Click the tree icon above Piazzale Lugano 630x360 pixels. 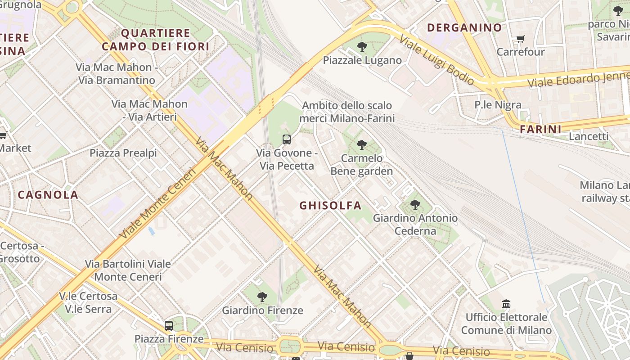362,46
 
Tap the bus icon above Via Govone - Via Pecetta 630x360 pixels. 287,139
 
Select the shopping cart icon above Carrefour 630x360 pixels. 520,39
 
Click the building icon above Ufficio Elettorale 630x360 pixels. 506,304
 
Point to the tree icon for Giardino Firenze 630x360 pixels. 262,297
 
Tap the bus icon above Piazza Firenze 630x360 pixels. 169,325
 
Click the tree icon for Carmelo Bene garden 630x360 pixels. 361,144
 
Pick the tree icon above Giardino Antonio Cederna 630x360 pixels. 415,205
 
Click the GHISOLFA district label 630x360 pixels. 330,206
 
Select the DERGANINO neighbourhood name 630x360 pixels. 464,27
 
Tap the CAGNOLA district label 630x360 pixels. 48,195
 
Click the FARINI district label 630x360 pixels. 540,130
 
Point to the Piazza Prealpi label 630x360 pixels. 123,153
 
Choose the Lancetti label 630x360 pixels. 589,136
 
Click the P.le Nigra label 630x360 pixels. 498,105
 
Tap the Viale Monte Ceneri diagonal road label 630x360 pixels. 158,203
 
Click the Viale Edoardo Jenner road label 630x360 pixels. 578,79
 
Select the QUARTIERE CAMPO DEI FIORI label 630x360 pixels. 156,40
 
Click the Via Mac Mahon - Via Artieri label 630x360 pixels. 149,110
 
